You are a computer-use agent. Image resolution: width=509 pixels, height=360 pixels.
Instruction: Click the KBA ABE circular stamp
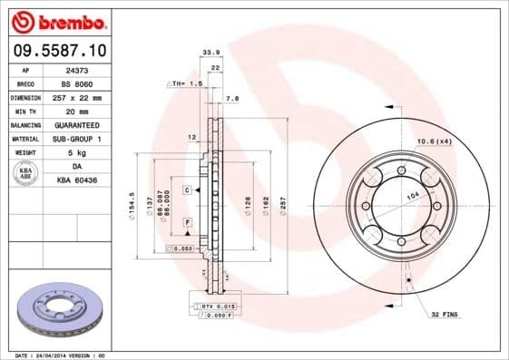click(x=26, y=174)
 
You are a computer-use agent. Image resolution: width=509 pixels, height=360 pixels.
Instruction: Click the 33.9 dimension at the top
click(x=210, y=54)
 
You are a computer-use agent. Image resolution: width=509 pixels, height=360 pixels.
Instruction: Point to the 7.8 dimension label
click(x=231, y=97)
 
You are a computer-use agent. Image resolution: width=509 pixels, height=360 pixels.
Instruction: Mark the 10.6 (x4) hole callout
click(x=434, y=141)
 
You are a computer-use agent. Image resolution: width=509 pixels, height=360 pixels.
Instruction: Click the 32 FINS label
click(x=444, y=314)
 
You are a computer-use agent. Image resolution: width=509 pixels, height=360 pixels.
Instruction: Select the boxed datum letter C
click(x=186, y=190)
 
